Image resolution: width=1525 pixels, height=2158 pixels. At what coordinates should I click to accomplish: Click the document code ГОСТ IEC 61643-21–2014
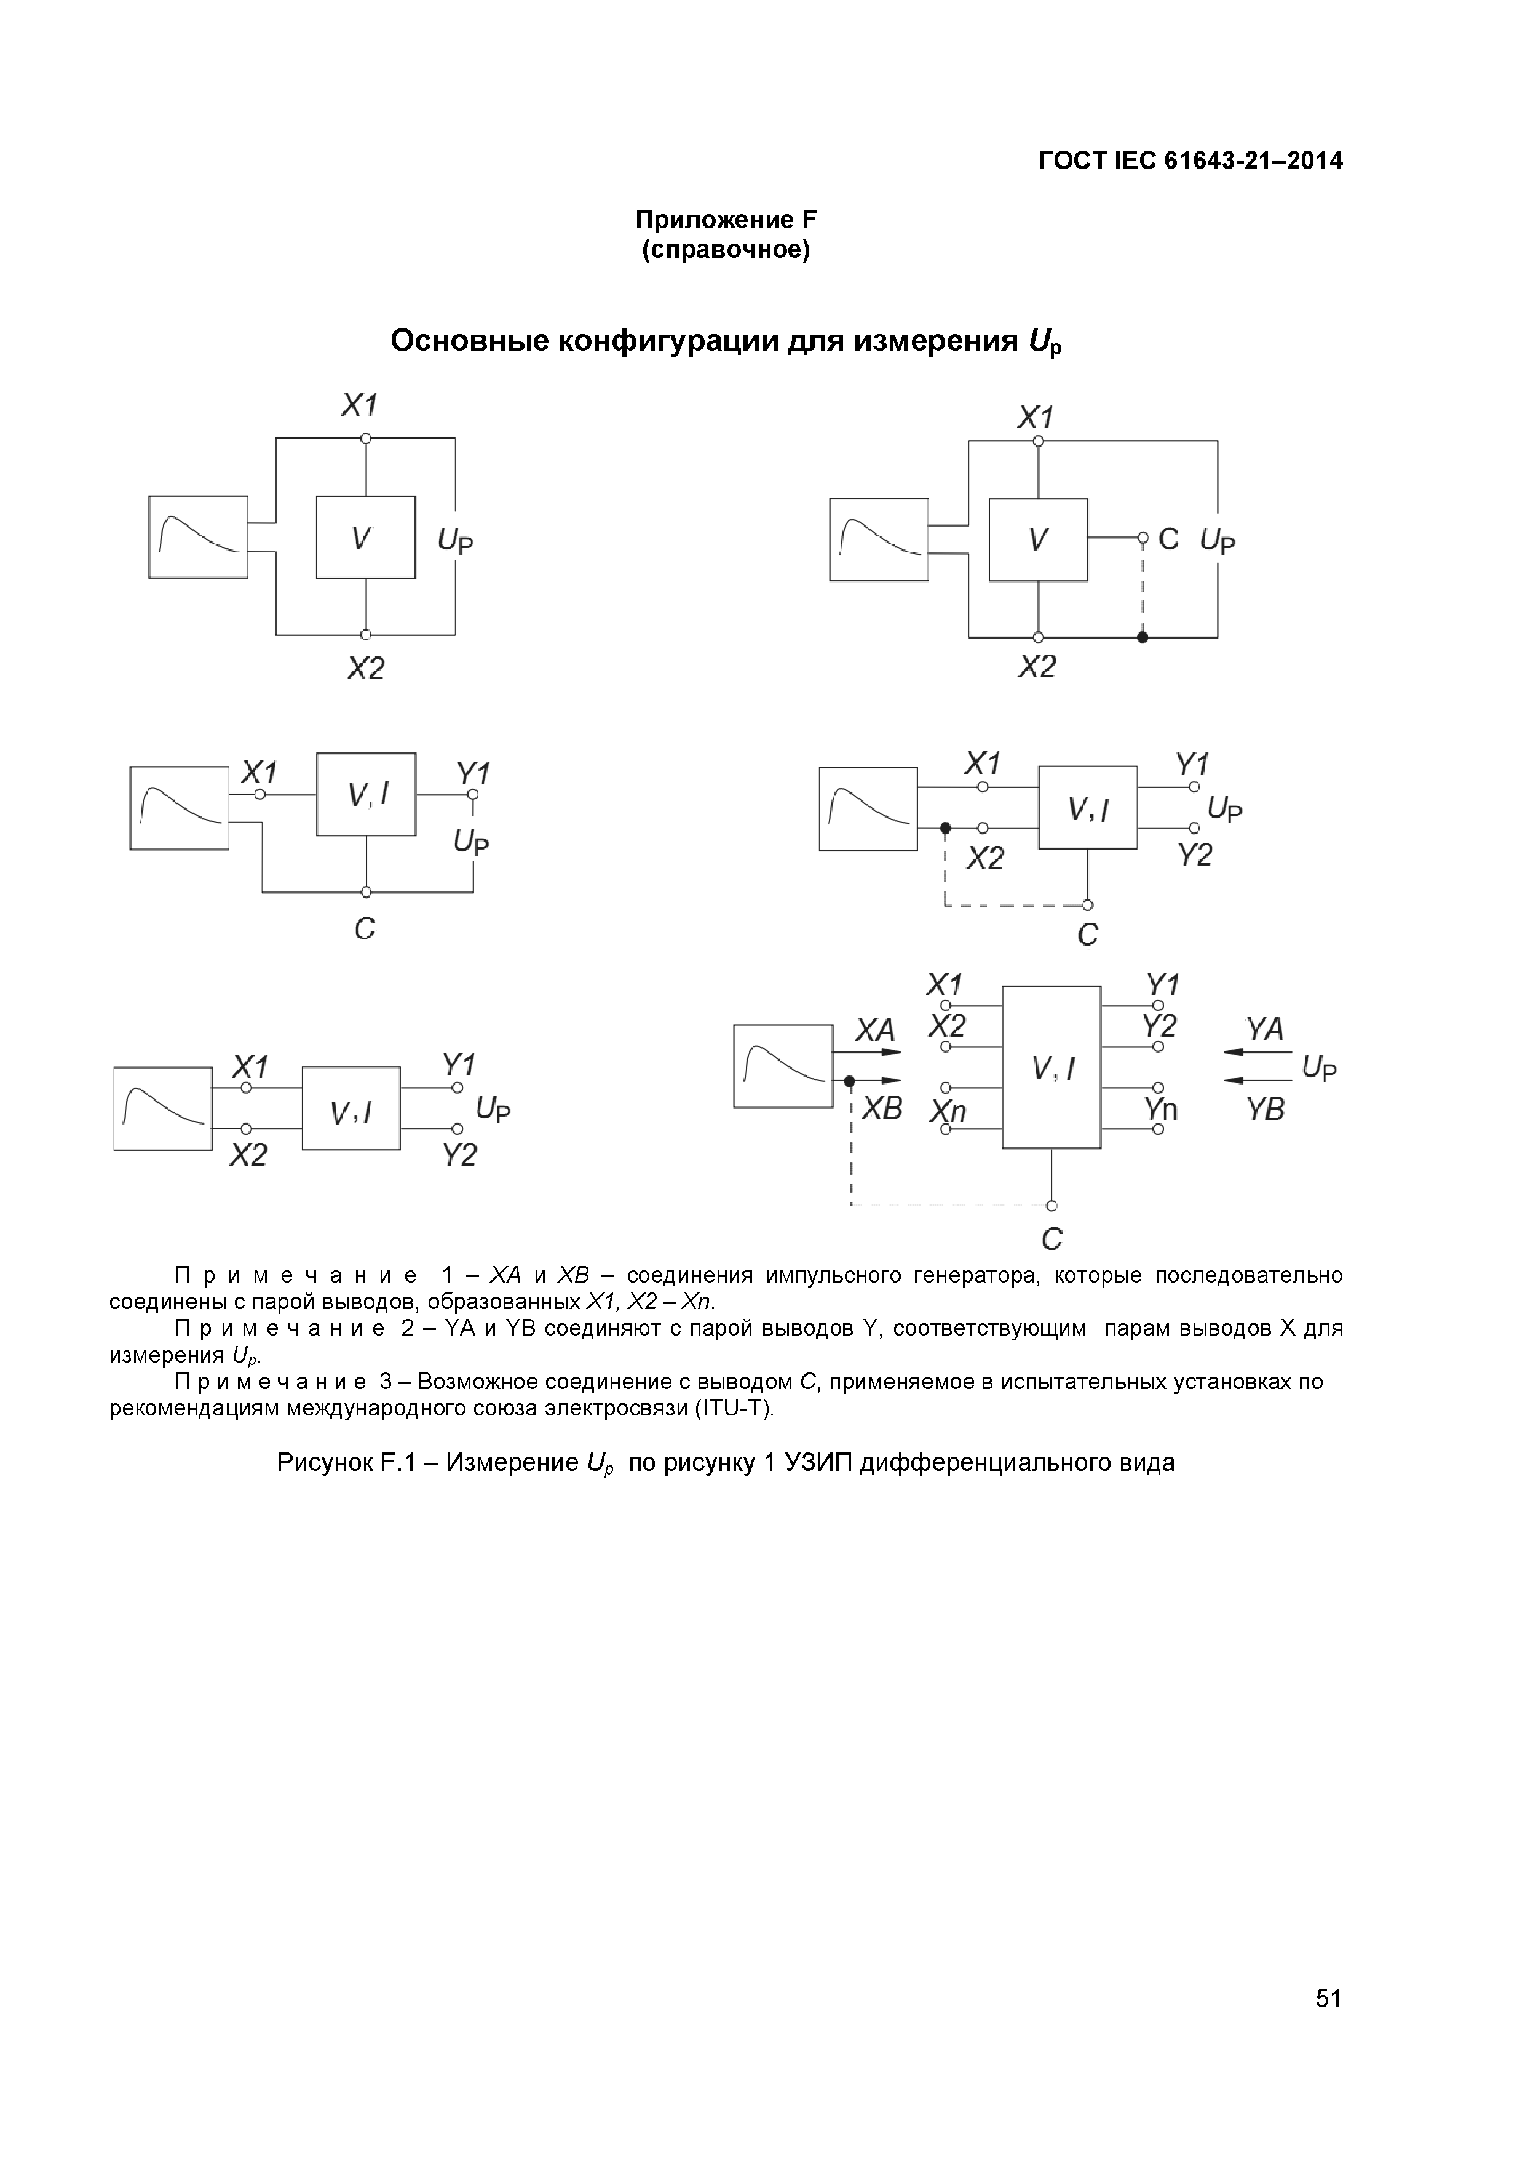pyautogui.click(x=1190, y=161)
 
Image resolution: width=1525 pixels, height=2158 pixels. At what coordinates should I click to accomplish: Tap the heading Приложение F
pyautogui.click(x=726, y=220)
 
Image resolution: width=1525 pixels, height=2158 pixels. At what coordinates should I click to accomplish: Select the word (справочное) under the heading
pyautogui.click(x=726, y=251)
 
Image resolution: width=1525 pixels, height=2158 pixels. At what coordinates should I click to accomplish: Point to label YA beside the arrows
pyautogui.click(x=1265, y=1030)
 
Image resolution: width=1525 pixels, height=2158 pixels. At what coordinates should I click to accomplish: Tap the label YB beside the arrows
pyautogui.click(x=1265, y=1109)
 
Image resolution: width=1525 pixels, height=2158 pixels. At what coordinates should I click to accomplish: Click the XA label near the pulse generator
pyautogui.click(x=875, y=1031)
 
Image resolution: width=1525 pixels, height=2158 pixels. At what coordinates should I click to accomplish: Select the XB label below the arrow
pyautogui.click(x=881, y=1109)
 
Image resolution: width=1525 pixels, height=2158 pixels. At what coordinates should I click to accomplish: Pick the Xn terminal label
pyautogui.click(x=948, y=1112)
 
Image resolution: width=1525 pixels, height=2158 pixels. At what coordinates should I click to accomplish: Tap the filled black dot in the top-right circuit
pyautogui.click(x=1143, y=637)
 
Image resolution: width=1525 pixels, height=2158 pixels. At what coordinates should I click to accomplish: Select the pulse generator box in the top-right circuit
pyautogui.click(x=879, y=539)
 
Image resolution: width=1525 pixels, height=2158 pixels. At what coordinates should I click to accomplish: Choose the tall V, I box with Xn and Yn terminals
pyautogui.click(x=1052, y=1067)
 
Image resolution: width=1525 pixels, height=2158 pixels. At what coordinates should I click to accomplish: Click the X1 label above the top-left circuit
pyautogui.click(x=359, y=406)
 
